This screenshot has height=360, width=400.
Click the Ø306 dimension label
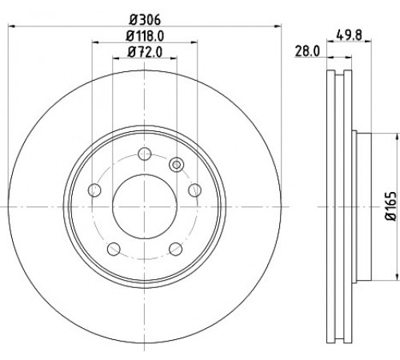coord(145,20)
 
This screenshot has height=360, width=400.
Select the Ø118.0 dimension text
coord(145,36)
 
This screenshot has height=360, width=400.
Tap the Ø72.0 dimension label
coord(145,52)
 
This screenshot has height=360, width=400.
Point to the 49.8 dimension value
coord(349,35)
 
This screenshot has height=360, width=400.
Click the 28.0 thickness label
coord(307,51)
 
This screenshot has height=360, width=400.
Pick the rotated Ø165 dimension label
coord(391,206)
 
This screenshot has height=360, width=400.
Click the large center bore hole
coord(145,206)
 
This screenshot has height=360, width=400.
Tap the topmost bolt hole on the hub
coord(145,154)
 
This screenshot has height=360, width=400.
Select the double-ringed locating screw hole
coord(176,164)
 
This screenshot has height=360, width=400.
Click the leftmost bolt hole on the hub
coord(94,190)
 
